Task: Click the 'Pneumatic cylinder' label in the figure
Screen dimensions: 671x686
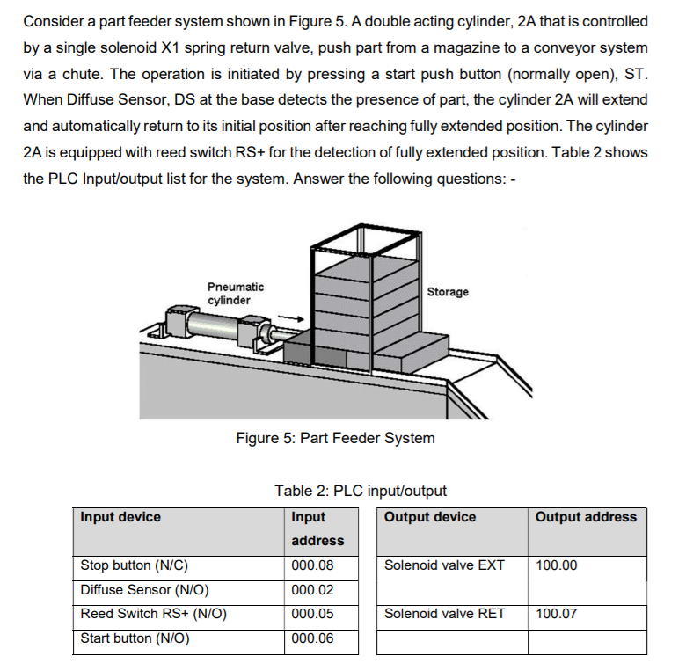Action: (x=235, y=294)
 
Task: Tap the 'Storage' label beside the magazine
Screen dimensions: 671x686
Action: (x=448, y=292)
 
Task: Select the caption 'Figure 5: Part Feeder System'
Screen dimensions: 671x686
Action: (x=335, y=438)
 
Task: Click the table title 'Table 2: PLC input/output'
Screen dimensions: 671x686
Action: (x=361, y=491)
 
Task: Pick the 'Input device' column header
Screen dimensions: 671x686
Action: (x=120, y=517)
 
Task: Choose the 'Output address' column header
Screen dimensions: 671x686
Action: (x=586, y=517)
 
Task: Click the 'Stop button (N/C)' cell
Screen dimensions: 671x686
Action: (x=135, y=565)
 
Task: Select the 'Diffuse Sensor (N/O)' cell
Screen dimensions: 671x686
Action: (x=144, y=590)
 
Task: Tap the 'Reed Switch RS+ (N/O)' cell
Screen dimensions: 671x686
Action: (x=153, y=614)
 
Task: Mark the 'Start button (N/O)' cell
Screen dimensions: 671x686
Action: (x=135, y=638)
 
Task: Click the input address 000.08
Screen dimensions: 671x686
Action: (x=312, y=565)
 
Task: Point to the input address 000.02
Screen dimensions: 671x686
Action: (x=312, y=590)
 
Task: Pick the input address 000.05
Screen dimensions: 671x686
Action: (x=312, y=614)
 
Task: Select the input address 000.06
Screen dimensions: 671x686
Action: (x=312, y=638)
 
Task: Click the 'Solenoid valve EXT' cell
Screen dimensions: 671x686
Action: (x=444, y=565)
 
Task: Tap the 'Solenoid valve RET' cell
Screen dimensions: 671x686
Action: (x=444, y=614)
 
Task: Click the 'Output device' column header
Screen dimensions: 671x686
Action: (x=430, y=517)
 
